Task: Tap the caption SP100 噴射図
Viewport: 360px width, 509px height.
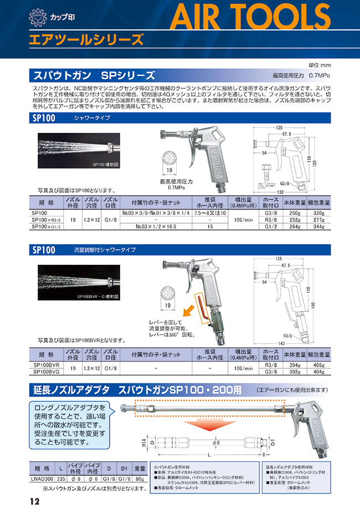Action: (x=106, y=164)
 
